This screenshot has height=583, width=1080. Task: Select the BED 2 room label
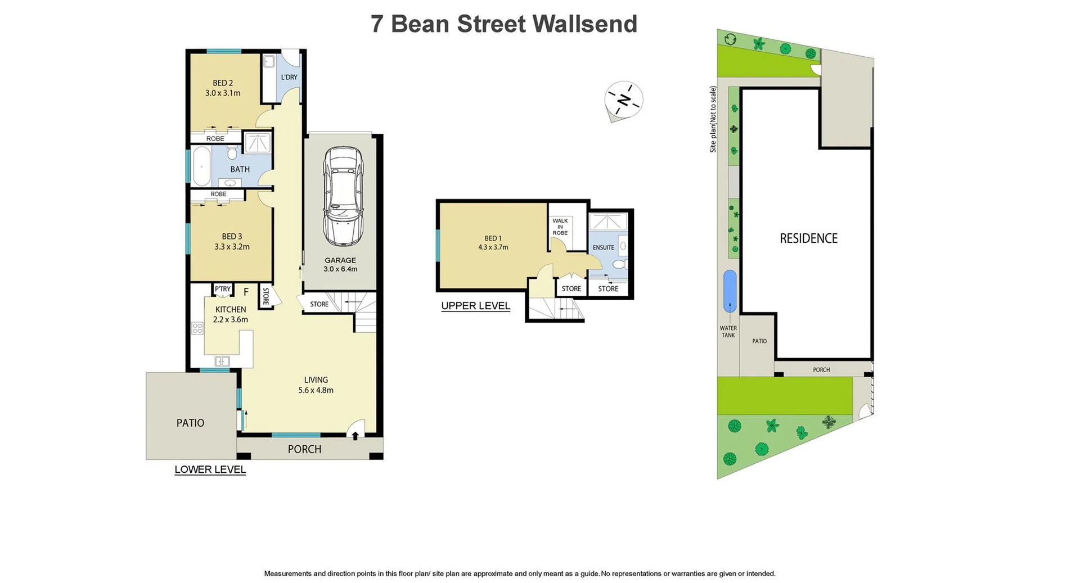(223, 83)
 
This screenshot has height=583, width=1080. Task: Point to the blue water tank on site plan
(729, 291)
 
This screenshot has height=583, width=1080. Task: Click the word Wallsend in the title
(584, 24)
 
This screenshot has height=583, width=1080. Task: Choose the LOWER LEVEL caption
(210, 469)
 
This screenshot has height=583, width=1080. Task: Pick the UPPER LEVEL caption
(475, 306)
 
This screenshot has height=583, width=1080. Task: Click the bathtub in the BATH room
(201, 166)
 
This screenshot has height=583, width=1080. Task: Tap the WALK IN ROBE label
(560, 227)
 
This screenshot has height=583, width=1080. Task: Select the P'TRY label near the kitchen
(223, 289)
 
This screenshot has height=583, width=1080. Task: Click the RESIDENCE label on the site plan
(808, 238)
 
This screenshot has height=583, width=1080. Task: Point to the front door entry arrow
(355, 436)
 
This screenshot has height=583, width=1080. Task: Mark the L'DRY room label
(289, 77)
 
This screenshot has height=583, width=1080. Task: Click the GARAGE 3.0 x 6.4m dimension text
(340, 269)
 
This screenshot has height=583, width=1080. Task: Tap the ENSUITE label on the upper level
(604, 247)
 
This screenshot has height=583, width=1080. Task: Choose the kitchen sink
(222, 361)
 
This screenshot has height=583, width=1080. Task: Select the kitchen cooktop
(197, 328)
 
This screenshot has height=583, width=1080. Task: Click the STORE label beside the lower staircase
(319, 304)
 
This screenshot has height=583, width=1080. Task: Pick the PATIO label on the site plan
(759, 341)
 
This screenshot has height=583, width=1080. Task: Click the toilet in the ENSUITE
(619, 264)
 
